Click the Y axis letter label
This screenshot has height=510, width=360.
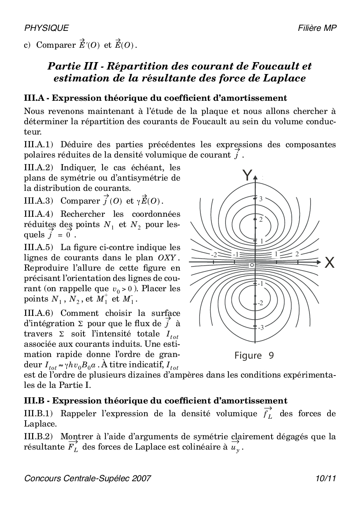click(x=247, y=176)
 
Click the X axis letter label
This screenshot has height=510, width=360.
click(x=329, y=262)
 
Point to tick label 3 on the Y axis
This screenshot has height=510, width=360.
click(x=260, y=199)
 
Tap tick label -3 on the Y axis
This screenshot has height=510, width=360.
click(x=261, y=327)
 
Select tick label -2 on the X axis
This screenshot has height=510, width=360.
click(x=214, y=254)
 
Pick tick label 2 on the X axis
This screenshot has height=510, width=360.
click(x=297, y=254)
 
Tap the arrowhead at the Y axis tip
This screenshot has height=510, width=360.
click(x=255, y=178)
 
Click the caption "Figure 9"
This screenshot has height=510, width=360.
click(x=254, y=355)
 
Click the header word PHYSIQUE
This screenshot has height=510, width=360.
click(x=46, y=28)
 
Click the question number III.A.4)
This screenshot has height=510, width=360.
click(x=39, y=214)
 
